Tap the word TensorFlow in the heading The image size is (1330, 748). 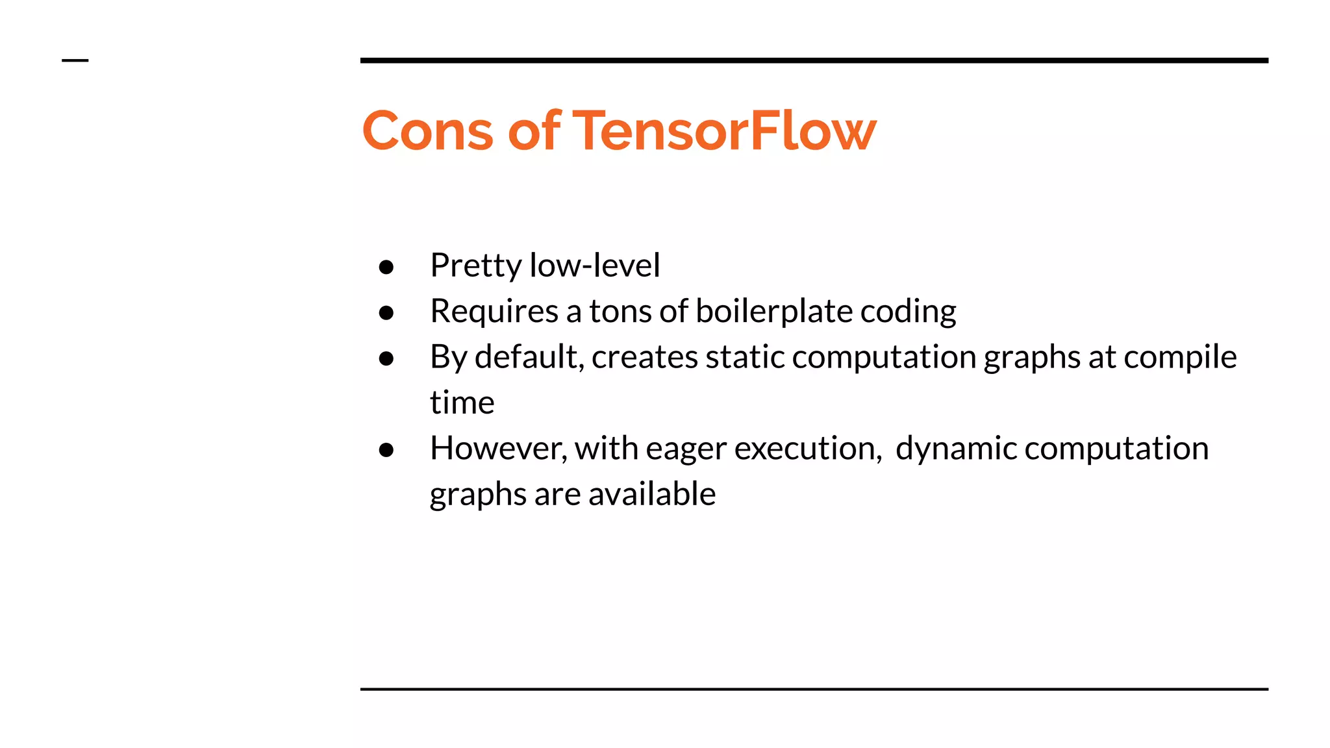[x=724, y=131]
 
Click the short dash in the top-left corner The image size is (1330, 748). [x=75, y=60]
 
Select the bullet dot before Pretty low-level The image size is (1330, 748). [x=386, y=267]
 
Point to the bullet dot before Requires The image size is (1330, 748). [x=386, y=313]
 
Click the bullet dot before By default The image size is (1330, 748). [x=386, y=358]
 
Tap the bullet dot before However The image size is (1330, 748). [x=386, y=450]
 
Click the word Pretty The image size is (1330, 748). [x=475, y=266]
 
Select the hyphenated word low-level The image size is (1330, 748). [x=594, y=266]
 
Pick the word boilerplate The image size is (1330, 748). [x=773, y=312]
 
